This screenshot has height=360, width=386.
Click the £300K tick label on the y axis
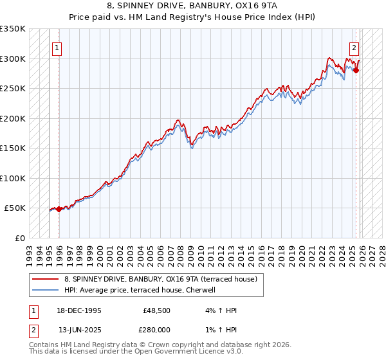coord(13,59)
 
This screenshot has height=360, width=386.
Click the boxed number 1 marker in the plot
coord(57,47)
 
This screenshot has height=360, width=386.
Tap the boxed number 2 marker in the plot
coord(354,47)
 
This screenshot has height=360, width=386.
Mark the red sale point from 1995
coord(59,209)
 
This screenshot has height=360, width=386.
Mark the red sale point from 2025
coord(356,71)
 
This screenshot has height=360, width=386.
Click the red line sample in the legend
coord(46,279)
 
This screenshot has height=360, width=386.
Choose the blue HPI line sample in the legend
coord(46,290)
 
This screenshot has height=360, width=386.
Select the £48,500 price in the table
coord(157,310)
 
